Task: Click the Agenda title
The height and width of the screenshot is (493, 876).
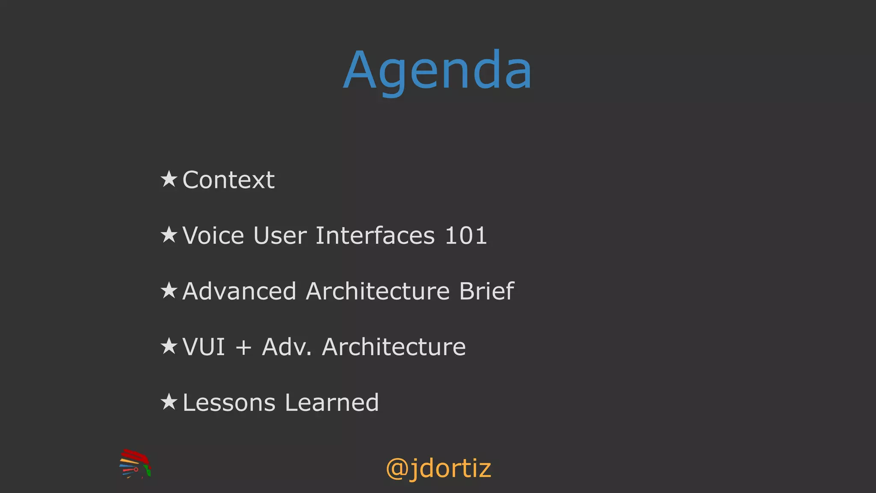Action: [x=438, y=71]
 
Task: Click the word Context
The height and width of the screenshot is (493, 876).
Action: [x=228, y=180]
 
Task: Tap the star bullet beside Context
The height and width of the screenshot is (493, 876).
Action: [x=169, y=179]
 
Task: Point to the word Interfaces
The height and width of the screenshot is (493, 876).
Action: [x=375, y=235]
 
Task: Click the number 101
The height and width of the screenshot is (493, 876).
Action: [x=466, y=235]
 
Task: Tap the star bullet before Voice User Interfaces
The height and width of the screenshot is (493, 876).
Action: [x=169, y=235]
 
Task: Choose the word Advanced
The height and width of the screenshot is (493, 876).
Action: [x=239, y=291]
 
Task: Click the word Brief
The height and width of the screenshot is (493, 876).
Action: [x=486, y=291]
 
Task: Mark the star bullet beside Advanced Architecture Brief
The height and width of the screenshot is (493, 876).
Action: [x=169, y=290]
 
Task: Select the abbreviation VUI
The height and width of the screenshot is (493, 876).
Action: [x=204, y=347]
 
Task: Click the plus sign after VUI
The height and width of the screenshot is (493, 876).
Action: [x=243, y=347]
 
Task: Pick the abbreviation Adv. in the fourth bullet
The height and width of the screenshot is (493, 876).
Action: [x=287, y=347]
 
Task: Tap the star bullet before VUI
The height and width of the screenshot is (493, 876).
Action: [x=169, y=346]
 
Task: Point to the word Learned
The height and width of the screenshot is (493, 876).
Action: [x=332, y=403]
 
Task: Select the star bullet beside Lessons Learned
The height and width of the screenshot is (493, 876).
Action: [x=169, y=402]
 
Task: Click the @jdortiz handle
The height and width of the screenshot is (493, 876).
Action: [x=438, y=468]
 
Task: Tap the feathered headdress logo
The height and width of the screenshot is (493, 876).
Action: [x=135, y=463]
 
